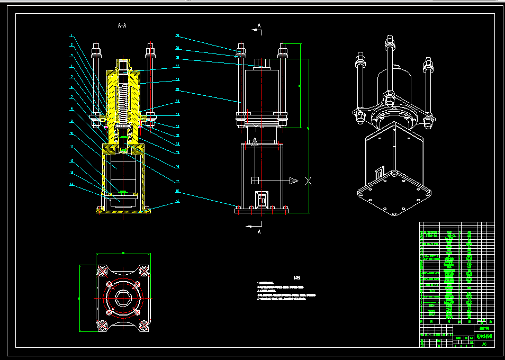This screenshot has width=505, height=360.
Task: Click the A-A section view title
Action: click(x=122, y=25)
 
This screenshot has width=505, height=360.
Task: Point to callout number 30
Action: click(x=178, y=36)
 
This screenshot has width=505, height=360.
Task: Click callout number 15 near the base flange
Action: click(x=178, y=201)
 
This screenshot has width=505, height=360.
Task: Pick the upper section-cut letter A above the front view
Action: click(x=259, y=25)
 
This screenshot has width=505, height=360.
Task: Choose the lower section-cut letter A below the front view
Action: click(x=259, y=232)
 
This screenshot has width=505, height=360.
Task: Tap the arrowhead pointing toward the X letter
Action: click(x=294, y=181)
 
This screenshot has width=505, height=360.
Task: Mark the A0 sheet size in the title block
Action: click(x=484, y=344)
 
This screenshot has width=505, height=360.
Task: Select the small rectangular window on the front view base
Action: click(x=261, y=200)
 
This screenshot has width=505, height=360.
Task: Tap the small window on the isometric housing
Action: click(x=379, y=173)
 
